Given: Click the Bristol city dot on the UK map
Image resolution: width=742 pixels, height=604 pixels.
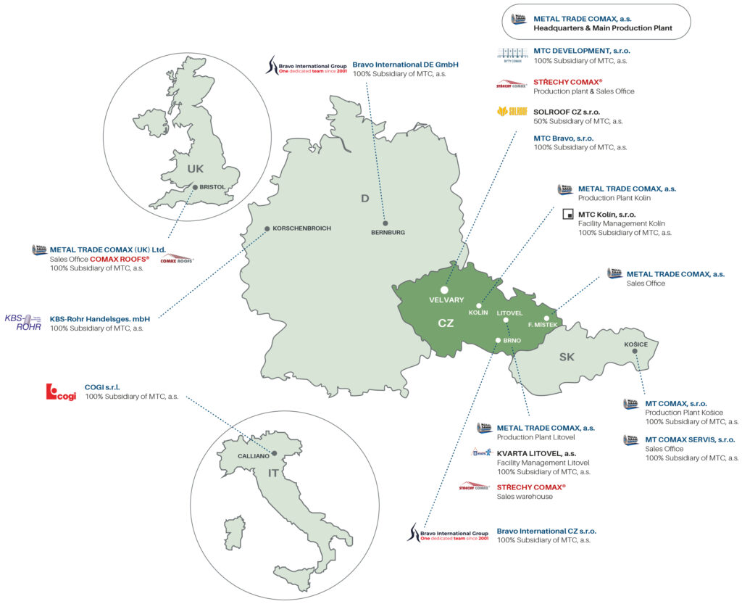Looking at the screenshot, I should click(196, 186).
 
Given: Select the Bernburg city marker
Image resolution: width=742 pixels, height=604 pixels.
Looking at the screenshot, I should click(385, 223).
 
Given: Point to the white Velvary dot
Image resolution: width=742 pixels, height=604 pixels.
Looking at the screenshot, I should click(443, 290).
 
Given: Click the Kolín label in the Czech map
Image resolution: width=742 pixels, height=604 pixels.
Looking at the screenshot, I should click(478, 313).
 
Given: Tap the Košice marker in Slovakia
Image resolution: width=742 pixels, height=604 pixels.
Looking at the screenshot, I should click(635, 352).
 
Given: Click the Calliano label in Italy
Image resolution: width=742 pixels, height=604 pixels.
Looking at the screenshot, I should click(254, 457).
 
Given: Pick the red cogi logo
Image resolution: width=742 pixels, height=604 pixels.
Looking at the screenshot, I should click(62, 392).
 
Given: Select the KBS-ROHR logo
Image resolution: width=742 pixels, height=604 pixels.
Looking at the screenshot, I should click(22, 323).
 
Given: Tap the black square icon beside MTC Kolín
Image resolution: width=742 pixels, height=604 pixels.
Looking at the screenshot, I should click(567, 214).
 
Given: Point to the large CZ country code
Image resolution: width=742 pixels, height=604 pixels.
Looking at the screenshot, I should click(446, 323).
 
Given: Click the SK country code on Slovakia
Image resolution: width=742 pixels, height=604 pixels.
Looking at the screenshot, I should click(566, 357).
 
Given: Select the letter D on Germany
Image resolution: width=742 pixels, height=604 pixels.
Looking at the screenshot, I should click(367, 198).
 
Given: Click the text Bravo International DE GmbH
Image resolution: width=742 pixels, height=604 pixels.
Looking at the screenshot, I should click(406, 65).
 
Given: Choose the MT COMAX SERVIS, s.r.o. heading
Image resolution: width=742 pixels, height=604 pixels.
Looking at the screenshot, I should click(690, 439).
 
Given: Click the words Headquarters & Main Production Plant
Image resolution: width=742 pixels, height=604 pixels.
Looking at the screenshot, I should click(603, 28).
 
